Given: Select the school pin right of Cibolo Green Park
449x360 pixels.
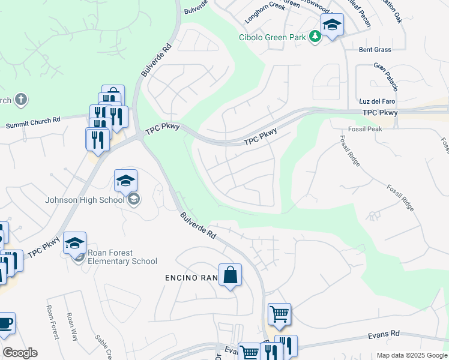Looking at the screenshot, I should tap(332, 26).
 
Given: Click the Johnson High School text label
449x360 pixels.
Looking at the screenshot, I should tap(84, 200).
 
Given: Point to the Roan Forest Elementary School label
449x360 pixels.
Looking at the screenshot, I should tap(122, 257).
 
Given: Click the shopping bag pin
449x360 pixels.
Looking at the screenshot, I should tap(230, 276).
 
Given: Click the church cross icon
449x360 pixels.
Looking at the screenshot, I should tap(21, 99).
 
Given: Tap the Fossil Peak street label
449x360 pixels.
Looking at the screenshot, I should tap(365, 129).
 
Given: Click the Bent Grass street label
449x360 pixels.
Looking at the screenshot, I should tap(375, 50).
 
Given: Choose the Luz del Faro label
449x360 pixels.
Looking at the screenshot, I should tap(376, 99).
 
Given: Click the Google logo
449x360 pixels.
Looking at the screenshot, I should tap(20, 353).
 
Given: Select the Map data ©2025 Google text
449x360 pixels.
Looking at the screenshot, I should tap(411, 355).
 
